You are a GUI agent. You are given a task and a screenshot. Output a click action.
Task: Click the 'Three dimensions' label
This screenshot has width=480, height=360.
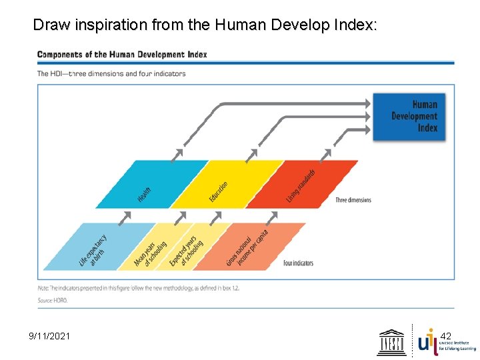(x=353, y=200)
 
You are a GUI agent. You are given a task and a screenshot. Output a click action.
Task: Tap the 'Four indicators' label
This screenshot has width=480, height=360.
(x=298, y=263)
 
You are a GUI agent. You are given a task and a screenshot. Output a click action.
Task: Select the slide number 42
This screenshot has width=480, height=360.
(x=446, y=336)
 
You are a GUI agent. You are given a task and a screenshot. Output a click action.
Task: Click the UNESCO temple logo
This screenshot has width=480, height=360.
(x=392, y=342)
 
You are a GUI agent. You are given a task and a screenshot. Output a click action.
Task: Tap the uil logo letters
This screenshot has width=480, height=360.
(x=427, y=341)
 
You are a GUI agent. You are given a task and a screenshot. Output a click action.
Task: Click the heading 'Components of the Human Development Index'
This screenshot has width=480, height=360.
(x=122, y=54)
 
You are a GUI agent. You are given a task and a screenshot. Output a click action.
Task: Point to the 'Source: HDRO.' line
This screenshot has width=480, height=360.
(x=52, y=301)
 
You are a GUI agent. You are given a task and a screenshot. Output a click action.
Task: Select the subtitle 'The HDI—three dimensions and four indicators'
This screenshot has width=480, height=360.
(x=111, y=73)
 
